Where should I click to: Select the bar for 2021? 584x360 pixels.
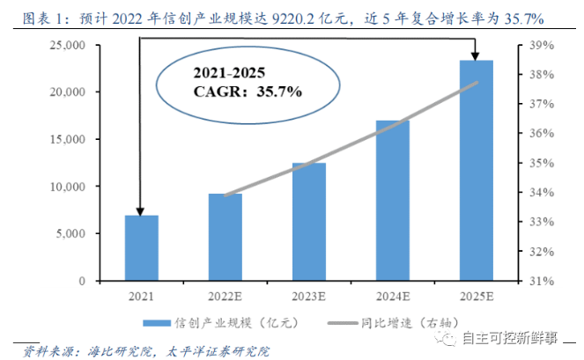pyautogui.click(x=141, y=248)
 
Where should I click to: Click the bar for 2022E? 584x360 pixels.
pyautogui.click(x=225, y=238)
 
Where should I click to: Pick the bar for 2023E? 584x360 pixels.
pyautogui.click(x=309, y=222)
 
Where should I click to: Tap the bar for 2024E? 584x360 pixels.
pyautogui.click(x=393, y=201)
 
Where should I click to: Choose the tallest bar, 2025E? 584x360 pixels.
pyautogui.click(x=477, y=171)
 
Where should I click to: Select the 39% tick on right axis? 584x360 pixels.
pyautogui.click(x=542, y=45)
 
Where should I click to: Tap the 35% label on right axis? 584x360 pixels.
pyautogui.click(x=542, y=163)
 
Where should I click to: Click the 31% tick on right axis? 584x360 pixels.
pyautogui.click(x=542, y=281)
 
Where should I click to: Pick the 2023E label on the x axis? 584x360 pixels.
pyautogui.click(x=309, y=295)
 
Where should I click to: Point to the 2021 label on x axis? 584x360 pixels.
pyautogui.click(x=141, y=295)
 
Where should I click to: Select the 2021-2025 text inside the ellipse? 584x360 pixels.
pyautogui.click(x=229, y=72)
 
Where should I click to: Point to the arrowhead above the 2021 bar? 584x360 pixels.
pyautogui.click(x=139, y=210)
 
